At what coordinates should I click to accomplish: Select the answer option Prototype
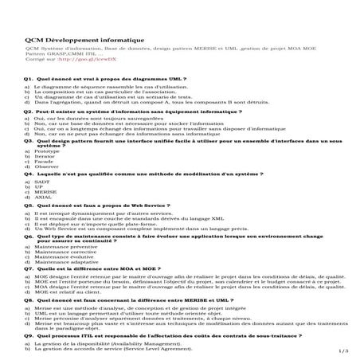coord(47,151)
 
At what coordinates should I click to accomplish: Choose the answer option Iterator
coord(45,156)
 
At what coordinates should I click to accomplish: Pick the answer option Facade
coord(45,162)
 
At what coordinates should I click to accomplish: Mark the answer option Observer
coord(46,166)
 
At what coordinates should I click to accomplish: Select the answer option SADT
coord(43,182)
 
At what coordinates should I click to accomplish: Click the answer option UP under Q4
coord(39,187)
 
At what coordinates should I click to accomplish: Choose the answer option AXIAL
coord(44,197)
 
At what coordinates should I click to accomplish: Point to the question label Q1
coord(28,80)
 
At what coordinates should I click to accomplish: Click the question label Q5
coord(28,205)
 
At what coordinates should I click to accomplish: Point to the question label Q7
coord(28,269)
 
